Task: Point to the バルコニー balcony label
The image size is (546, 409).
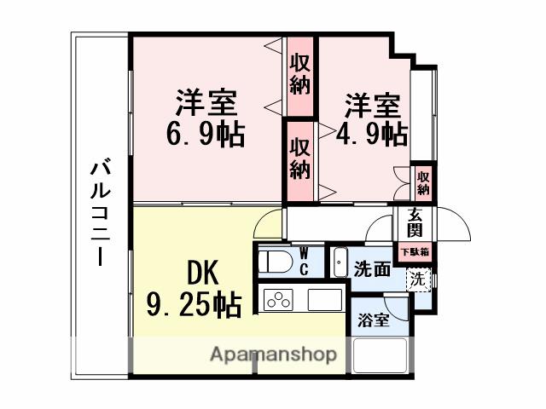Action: [99, 213]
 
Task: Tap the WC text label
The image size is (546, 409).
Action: [304, 260]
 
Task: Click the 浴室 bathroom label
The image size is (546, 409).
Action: [374, 321]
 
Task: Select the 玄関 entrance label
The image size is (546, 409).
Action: [414, 223]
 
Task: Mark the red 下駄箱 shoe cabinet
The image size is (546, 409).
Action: [414, 251]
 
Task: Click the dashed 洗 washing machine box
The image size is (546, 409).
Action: [417, 278]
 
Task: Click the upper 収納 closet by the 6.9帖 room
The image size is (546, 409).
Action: [299, 74]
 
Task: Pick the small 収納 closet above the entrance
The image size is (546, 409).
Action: [423, 181]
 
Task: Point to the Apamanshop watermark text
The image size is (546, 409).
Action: [273, 354]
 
